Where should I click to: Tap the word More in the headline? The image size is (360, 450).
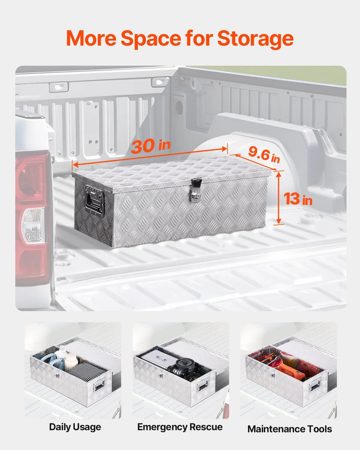point(91,38)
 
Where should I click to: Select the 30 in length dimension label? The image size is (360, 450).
point(150,146)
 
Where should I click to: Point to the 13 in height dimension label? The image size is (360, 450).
point(298,198)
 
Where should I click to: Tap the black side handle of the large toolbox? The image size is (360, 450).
point(93,200)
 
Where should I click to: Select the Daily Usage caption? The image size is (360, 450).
point(75,427)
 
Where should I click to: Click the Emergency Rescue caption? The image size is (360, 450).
point(180,427)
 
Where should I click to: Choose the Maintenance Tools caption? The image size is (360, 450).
point(290,429)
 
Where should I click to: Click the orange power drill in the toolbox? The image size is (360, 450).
point(293,371)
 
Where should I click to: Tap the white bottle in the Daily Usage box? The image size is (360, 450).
point(71,362)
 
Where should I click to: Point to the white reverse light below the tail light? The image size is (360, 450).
point(33,225)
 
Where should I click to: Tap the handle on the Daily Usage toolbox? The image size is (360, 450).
point(99,384)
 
